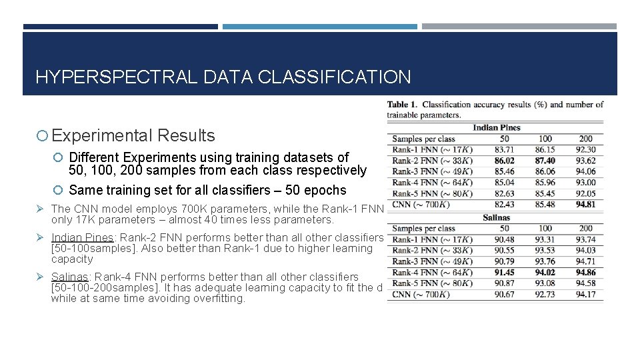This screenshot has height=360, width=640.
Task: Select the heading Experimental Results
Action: click(x=133, y=135)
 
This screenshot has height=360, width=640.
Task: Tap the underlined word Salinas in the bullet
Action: click(x=70, y=277)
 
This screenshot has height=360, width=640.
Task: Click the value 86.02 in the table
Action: click(x=504, y=161)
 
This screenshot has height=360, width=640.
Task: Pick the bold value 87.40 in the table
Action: click(x=545, y=161)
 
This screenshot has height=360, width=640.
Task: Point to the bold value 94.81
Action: click(x=585, y=205)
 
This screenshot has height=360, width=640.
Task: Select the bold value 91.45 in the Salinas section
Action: click(x=504, y=272)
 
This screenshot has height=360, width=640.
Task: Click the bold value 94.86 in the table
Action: click(x=585, y=272)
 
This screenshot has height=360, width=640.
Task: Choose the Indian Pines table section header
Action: click(x=496, y=127)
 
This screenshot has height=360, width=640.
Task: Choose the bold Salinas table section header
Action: click(x=496, y=217)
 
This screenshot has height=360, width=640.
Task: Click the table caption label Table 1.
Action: click(x=402, y=105)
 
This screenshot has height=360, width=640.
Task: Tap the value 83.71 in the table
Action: click(x=504, y=150)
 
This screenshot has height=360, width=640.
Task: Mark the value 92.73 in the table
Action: click(x=545, y=294)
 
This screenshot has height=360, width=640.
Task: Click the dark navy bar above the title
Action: click(x=120, y=27)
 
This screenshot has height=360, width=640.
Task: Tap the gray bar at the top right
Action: click(x=519, y=27)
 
